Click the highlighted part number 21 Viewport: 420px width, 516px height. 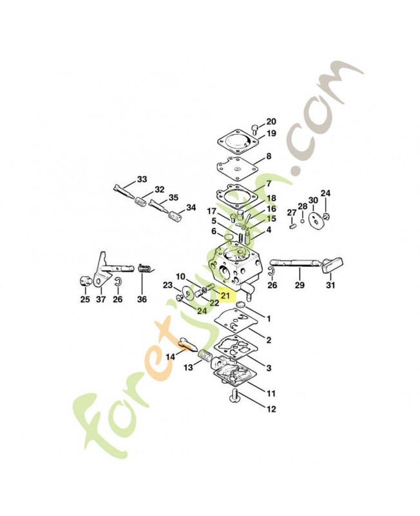[x=225, y=295]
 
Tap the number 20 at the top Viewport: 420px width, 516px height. [x=271, y=122]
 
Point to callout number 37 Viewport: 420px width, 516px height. [x=101, y=299]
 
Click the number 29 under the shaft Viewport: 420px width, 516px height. [x=300, y=285]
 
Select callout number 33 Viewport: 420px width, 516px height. [x=142, y=179]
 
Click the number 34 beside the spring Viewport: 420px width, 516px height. [x=191, y=208]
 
